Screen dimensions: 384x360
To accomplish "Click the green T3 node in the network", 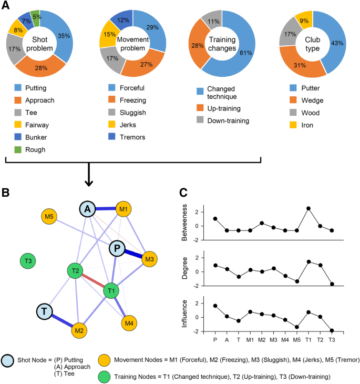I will click(x=27, y=260).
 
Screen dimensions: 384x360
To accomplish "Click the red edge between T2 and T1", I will click(x=94, y=281).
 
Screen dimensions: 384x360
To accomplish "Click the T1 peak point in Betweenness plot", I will click(x=308, y=208).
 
